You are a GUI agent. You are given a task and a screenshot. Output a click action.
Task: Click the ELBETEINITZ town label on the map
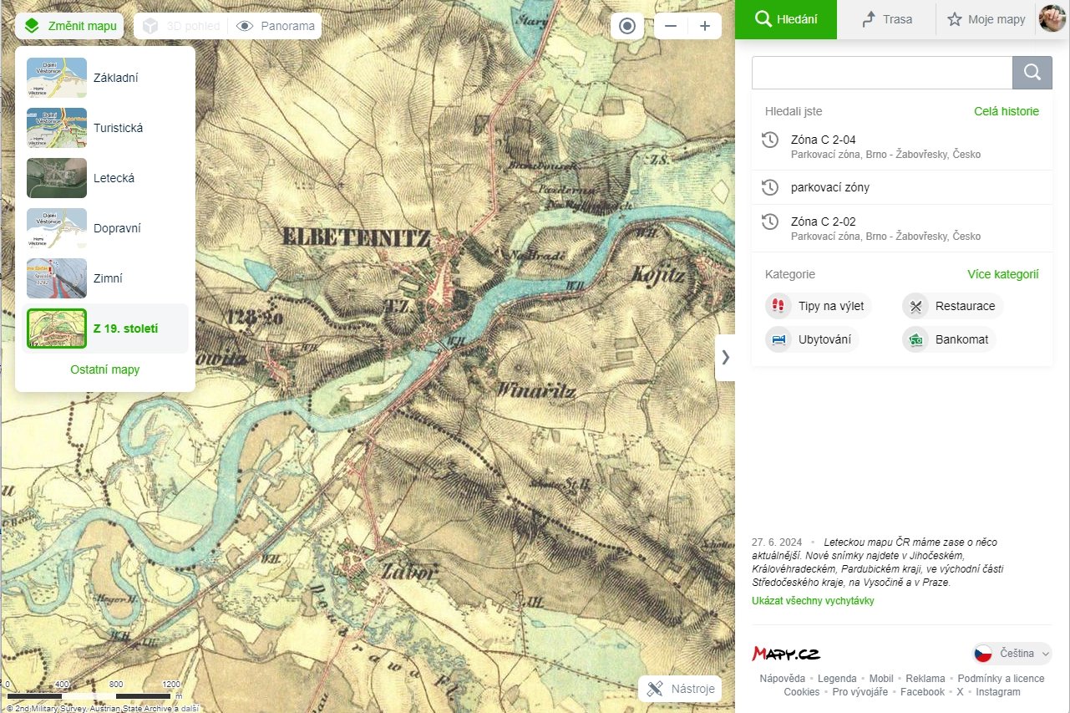click(x=356, y=237)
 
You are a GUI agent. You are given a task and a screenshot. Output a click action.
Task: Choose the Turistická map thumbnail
click(x=57, y=128)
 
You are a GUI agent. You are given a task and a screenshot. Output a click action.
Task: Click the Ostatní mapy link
click(x=105, y=369)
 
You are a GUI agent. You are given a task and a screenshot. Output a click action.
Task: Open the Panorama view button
click(x=276, y=26)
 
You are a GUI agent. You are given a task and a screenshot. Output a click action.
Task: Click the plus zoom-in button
click(x=705, y=26)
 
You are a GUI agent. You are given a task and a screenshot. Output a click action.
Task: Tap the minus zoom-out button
click(x=671, y=26)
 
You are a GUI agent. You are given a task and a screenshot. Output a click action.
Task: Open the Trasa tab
click(x=887, y=19)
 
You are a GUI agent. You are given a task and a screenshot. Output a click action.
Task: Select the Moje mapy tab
click(x=986, y=19)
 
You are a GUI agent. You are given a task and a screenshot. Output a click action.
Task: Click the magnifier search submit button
click(x=1032, y=73)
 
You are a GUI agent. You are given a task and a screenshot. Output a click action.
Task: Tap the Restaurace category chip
click(x=953, y=306)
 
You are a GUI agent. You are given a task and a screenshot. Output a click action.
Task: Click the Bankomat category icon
click(x=916, y=339)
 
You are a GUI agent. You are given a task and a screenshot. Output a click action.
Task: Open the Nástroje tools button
click(x=680, y=689)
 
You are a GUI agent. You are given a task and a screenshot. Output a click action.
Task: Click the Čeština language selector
click(x=1012, y=654)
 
